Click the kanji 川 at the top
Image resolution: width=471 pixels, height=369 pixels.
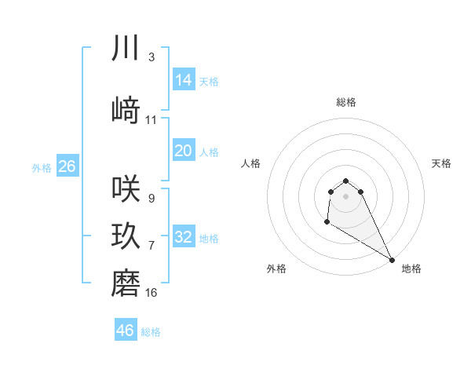(x=126, y=49)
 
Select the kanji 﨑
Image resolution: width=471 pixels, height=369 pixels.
(x=126, y=111)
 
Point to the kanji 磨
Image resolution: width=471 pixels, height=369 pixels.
(x=126, y=283)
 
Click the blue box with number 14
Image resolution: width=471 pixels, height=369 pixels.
(x=184, y=79)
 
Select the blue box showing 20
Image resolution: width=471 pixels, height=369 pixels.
(x=184, y=151)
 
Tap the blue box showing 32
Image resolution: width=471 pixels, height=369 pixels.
(x=184, y=237)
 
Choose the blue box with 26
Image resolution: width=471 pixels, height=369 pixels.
(x=67, y=166)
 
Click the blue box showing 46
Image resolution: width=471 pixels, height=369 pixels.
(x=126, y=331)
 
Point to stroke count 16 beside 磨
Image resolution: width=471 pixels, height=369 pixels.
(x=152, y=293)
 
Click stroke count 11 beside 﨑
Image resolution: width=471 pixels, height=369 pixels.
(x=152, y=120)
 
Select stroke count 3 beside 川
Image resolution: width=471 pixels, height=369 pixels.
(x=152, y=57)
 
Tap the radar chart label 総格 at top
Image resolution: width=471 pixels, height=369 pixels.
(x=346, y=102)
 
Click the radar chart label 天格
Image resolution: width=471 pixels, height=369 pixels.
(x=441, y=163)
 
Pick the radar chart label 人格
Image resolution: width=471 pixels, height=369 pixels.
(x=251, y=163)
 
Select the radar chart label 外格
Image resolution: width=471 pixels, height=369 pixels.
(x=276, y=269)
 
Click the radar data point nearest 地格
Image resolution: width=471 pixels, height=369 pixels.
(x=392, y=259)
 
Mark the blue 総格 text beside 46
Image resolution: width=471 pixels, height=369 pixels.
(x=151, y=332)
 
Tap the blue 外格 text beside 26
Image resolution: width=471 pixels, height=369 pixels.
(x=42, y=168)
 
